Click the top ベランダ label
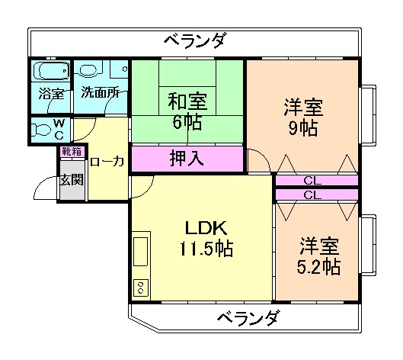pyautogui.click(x=194, y=40)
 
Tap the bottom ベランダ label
pyautogui.click(x=246, y=318)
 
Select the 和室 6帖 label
pyautogui.click(x=187, y=110)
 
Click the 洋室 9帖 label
pyautogui.click(x=302, y=116)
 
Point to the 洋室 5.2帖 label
pyautogui.click(x=318, y=257)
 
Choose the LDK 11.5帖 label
pyautogui.click(x=205, y=238)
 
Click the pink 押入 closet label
pyautogui.click(x=186, y=160)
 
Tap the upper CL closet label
pyautogui.click(x=312, y=181)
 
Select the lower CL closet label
pyautogui.click(x=312, y=194)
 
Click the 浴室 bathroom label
pyautogui.click(x=50, y=94)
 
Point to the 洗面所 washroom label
pyautogui.click(x=101, y=94)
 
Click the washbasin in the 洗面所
pyautogui.click(x=90, y=70)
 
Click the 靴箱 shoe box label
pyautogui.click(x=71, y=152)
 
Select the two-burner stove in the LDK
pyautogui.click(x=141, y=288)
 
